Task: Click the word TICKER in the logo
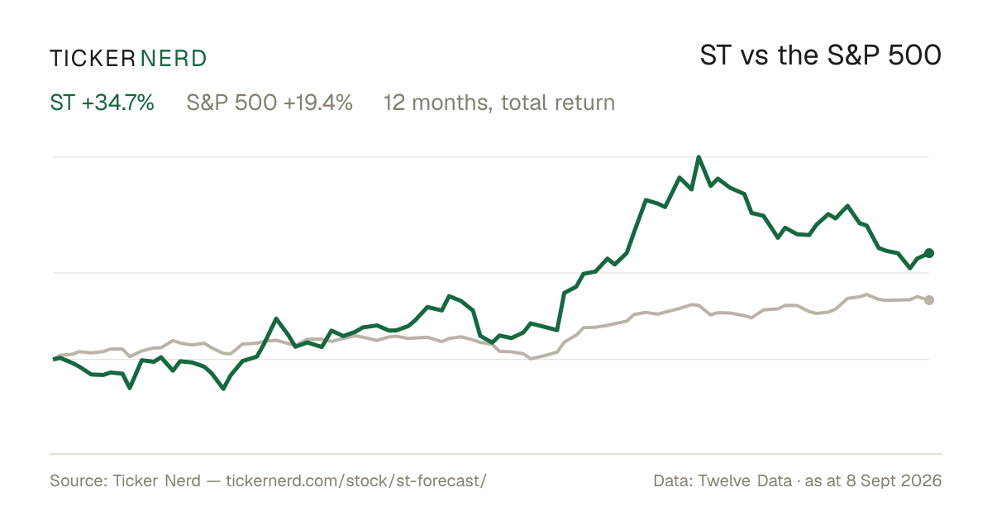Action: [92, 59]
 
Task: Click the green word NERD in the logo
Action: [173, 59]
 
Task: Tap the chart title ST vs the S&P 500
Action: [820, 55]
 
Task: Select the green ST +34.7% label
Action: [102, 103]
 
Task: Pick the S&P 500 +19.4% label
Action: [269, 103]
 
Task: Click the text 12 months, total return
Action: [499, 103]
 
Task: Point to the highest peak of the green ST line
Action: [699, 157]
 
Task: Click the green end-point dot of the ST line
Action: [929, 253]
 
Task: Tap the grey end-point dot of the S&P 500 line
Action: [929, 300]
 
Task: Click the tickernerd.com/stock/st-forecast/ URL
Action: [356, 480]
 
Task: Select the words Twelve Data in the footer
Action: [745, 480]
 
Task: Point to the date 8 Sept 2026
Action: [894, 480]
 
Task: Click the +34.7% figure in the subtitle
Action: [117, 103]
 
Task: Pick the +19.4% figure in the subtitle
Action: [318, 103]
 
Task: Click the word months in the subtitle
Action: [452, 103]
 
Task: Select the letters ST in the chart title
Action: [715, 55]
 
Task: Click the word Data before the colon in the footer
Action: [672, 480]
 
